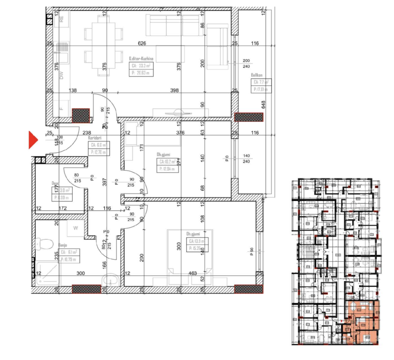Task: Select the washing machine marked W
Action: click(76, 228)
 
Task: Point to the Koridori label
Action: click(94, 137)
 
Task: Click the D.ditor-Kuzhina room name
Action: click(141, 58)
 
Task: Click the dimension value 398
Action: click(174, 90)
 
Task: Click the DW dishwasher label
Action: click(62, 76)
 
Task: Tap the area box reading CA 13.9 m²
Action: click(195, 245)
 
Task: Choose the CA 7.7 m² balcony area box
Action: click(261, 86)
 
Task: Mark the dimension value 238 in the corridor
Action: click(87, 133)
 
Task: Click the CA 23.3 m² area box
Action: click(141, 69)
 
